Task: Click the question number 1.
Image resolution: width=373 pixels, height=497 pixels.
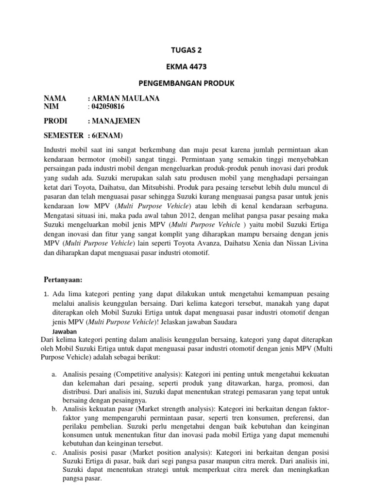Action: pos(46,294)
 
